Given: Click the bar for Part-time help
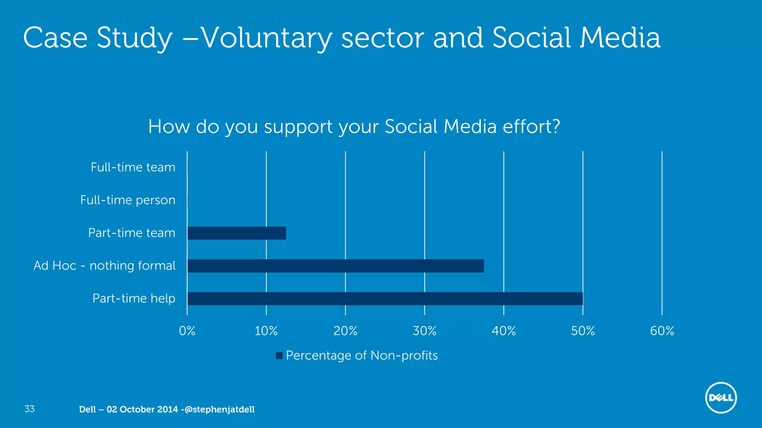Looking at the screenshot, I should tap(385, 299).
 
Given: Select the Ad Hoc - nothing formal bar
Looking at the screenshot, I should tap(336, 266).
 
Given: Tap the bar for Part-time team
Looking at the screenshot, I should tap(237, 233).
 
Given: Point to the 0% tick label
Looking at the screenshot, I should tap(187, 331).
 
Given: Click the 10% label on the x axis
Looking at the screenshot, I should tap(266, 331).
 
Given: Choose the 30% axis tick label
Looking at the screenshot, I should tap(425, 331).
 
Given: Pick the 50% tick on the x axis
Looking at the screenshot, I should tap(583, 331).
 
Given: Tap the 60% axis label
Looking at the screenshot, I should tap(662, 331).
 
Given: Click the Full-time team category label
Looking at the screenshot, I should tap(133, 167).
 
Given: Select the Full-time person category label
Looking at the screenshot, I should tap(128, 200).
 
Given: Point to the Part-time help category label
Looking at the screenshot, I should tap(134, 298).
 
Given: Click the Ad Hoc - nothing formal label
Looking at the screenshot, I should tap(104, 266).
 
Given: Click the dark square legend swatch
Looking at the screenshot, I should tap(279, 356).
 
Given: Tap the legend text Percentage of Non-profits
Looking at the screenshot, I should tap(362, 356).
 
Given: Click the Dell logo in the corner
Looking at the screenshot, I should tap(721, 398).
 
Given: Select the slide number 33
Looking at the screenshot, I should tap(29, 409).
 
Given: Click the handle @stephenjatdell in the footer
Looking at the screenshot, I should tap(220, 409).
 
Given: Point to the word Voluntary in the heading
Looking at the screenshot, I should tap(266, 38).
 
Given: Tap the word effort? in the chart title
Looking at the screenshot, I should tap(531, 127).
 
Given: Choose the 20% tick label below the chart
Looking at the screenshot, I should tap(345, 331).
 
